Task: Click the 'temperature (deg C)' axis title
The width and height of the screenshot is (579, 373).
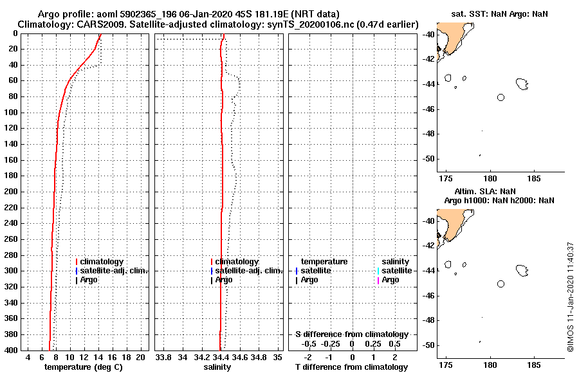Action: coord(83,367)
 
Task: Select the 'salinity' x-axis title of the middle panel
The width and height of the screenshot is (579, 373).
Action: coord(217,367)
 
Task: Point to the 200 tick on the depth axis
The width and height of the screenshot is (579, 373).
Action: coord(11,192)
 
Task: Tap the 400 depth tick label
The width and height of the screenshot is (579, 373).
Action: coord(11,350)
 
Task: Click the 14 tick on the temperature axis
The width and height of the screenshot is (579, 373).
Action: coord(98,357)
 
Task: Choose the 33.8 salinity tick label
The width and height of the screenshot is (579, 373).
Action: coord(163,357)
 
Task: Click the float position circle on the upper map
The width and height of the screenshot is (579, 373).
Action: coord(501,97)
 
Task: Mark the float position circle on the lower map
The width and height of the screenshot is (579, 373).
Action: coord(501,284)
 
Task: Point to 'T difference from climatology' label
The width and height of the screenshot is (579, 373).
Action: coord(351,367)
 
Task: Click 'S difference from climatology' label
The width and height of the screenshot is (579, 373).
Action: coord(351,334)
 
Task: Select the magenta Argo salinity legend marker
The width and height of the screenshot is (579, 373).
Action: coord(378,280)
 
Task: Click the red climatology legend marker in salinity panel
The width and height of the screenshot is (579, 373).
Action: coord(211,262)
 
